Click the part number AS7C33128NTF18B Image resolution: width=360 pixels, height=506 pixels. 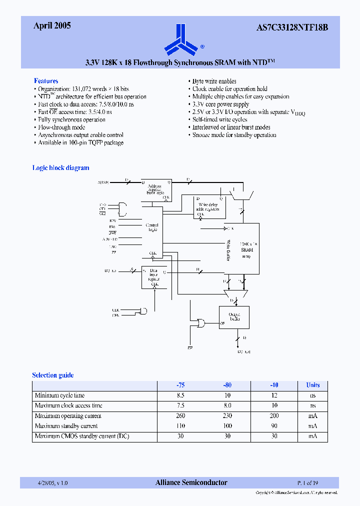tap(295, 27)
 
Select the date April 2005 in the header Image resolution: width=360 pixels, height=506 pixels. tap(52, 26)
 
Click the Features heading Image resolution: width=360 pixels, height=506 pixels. tap(46, 81)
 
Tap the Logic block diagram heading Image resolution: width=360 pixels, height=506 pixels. tap(60, 168)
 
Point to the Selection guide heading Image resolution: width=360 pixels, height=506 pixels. tap(52, 375)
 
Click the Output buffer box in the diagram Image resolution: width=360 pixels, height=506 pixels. tap(233, 317)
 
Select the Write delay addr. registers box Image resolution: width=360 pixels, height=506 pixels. tap(209, 206)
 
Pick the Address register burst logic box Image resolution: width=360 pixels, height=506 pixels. tap(155, 189)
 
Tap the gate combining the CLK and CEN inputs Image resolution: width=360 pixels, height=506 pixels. tap(143, 311)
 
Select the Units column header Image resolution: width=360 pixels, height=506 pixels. tap(312, 385)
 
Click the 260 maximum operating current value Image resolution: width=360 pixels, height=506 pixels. tap(180, 416)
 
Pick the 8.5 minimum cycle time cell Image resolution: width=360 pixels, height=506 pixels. tap(180, 395)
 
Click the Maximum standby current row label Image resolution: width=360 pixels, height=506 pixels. tap(66, 426)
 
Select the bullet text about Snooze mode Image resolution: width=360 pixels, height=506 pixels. tap(234, 135)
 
